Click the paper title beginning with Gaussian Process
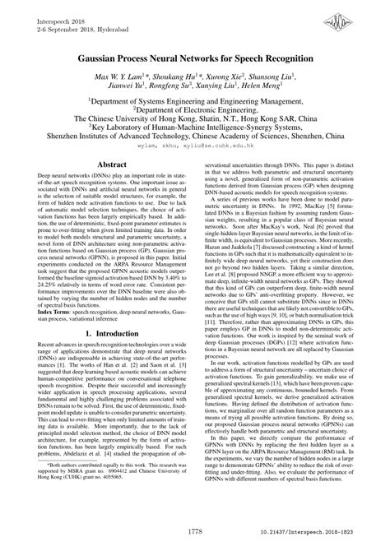(x=195, y=60)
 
